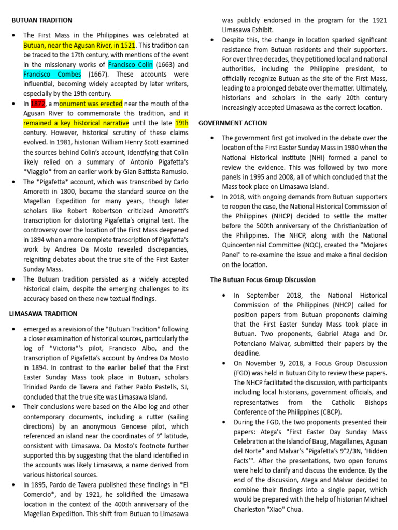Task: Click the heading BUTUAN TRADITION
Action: (x=42, y=20)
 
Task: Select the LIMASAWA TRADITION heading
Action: (x=44, y=314)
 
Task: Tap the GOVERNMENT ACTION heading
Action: (x=233, y=123)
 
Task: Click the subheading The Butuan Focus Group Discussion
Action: (x=262, y=279)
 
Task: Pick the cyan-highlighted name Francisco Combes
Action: (x=52, y=74)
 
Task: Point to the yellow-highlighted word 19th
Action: (x=181, y=123)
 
